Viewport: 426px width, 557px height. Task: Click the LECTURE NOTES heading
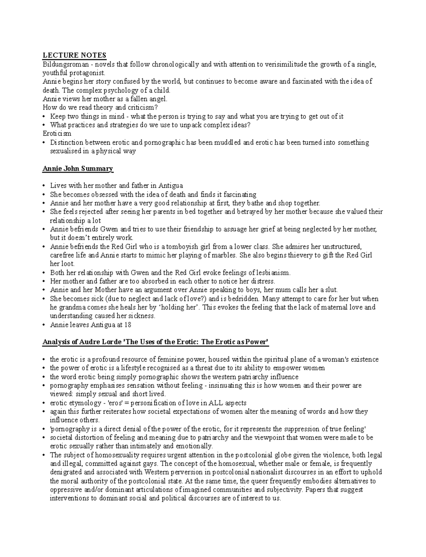[x=74, y=55]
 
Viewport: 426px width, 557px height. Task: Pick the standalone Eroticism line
[x=57, y=134]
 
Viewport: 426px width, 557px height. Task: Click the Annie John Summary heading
[x=77, y=169]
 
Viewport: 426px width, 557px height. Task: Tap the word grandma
[x=72, y=307]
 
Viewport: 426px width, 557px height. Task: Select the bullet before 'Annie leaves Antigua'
[x=44, y=325]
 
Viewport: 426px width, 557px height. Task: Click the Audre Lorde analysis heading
[x=155, y=342]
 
